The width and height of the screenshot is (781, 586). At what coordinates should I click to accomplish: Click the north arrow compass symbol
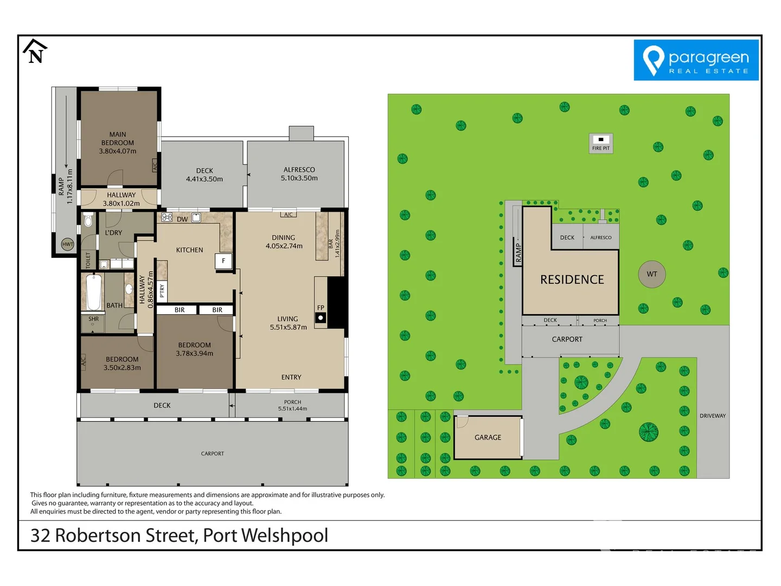tap(35, 51)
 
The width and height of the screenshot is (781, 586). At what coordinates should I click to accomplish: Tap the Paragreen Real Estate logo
tap(696, 60)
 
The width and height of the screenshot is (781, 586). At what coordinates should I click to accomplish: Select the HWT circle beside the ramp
tap(68, 244)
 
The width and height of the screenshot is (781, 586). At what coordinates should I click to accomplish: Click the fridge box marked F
tap(223, 261)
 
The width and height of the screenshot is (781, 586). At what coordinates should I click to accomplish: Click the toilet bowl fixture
tap(88, 221)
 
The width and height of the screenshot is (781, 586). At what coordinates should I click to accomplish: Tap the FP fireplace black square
tap(321, 318)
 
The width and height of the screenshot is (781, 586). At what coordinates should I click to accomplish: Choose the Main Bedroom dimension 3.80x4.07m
tap(118, 151)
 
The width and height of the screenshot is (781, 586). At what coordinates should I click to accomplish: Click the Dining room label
tap(284, 238)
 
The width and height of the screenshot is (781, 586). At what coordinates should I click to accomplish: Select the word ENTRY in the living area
tap(291, 377)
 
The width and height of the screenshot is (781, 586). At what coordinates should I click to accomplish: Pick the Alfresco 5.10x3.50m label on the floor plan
tap(299, 174)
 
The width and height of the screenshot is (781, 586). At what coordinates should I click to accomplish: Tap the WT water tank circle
tap(652, 274)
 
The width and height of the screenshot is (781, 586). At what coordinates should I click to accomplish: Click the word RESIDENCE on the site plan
tap(572, 279)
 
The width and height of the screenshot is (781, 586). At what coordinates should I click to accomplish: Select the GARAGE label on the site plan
tap(488, 437)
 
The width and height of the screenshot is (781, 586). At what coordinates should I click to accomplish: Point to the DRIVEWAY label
tap(713, 416)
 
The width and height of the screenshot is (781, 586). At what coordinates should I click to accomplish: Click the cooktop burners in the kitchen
tap(167, 218)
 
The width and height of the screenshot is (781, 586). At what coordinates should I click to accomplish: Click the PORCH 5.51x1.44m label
tap(292, 405)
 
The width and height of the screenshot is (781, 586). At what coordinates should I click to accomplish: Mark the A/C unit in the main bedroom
tap(155, 167)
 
